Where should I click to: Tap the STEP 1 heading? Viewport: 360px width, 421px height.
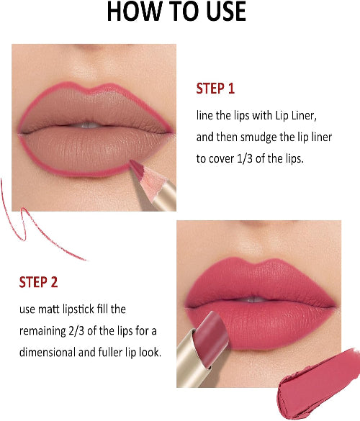coord(215,89)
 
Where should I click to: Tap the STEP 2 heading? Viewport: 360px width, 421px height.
coord(38,282)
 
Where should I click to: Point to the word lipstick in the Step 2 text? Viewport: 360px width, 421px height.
coord(78,309)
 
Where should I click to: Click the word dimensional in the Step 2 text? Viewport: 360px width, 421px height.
coord(48,352)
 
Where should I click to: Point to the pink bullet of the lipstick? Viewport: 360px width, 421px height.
coord(211,338)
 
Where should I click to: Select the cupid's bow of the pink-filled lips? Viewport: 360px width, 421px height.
coord(258,264)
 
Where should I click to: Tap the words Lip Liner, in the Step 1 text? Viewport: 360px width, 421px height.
coord(296,116)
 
